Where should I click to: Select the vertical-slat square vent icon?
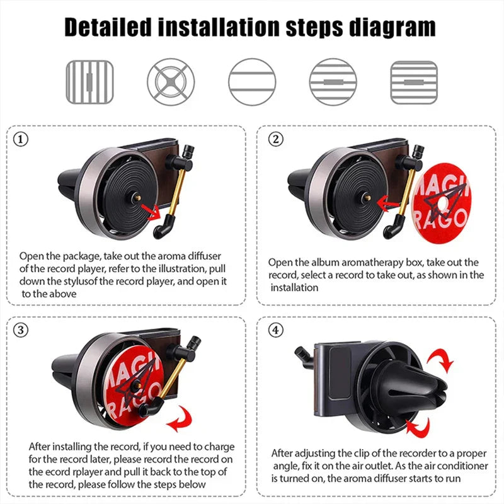[x=89, y=82]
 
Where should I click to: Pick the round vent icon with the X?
[x=170, y=82]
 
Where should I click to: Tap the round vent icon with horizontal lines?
[x=251, y=82]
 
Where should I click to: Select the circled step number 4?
[x=276, y=329]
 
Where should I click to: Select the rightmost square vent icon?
[x=414, y=82]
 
